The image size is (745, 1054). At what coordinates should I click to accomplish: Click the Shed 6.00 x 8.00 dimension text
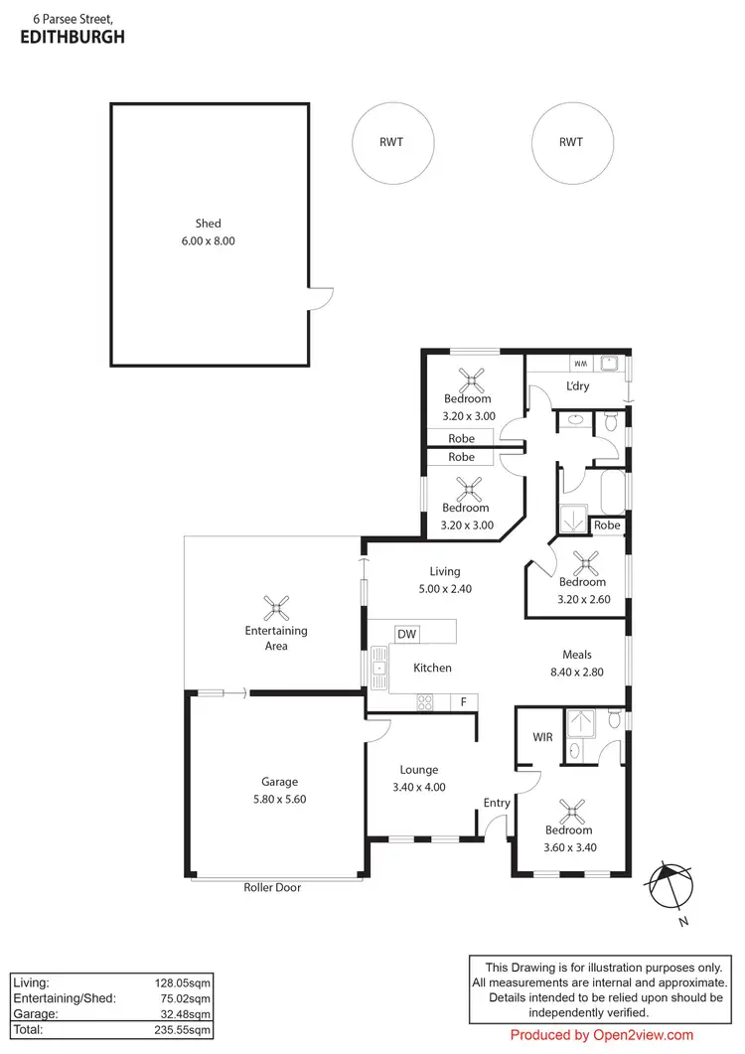208,241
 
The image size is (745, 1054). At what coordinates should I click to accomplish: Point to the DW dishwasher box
405,634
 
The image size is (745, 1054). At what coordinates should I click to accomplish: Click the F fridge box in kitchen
463,702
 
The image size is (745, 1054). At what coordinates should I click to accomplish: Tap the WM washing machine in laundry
577,363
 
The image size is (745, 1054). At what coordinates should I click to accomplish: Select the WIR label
542,737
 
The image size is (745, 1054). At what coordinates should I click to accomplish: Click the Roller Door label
272,887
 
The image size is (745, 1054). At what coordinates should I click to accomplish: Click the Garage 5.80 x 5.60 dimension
279,799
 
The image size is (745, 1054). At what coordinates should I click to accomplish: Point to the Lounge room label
418,770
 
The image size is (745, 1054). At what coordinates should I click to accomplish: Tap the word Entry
497,803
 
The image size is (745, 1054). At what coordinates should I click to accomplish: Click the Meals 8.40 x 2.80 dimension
576,672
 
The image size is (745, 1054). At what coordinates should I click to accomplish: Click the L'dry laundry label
578,387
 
